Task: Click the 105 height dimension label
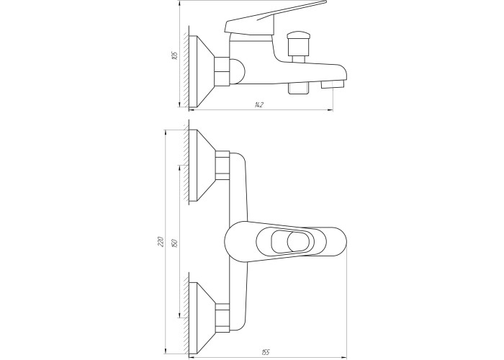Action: click(x=174, y=55)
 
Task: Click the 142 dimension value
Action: click(x=258, y=105)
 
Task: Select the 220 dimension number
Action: click(x=161, y=242)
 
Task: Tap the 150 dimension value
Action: click(x=175, y=242)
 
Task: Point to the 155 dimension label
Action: click(x=265, y=353)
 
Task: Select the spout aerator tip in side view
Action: click(x=333, y=84)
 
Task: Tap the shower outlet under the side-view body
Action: click(x=299, y=88)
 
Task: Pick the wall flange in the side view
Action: click(x=202, y=71)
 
